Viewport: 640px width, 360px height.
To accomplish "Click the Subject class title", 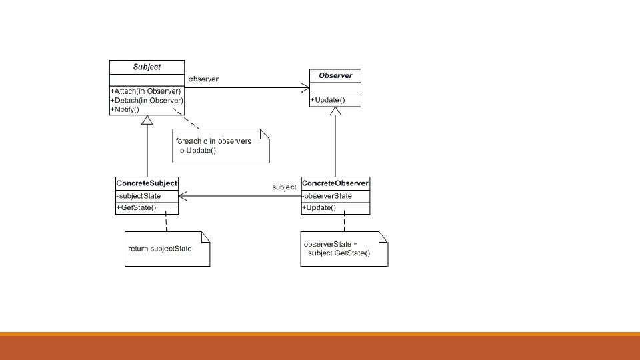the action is point(147,67).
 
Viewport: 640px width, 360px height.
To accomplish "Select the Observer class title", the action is point(335,75).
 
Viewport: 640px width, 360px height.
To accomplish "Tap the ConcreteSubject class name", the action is point(147,183).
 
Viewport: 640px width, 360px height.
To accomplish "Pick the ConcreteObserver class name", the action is point(335,183).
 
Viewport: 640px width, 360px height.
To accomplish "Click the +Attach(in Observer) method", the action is point(145,91).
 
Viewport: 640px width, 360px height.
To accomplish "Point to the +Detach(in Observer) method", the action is point(147,101).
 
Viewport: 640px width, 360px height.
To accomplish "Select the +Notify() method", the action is point(125,109).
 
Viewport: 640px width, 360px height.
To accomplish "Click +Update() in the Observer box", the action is point(327,100).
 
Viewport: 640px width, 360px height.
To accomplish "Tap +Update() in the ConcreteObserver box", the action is point(319,208).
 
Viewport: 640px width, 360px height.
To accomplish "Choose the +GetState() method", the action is point(136,208).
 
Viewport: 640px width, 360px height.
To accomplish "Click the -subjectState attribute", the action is point(139,196).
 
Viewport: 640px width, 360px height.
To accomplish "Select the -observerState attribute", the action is point(327,196).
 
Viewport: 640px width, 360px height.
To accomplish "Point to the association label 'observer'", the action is point(203,79).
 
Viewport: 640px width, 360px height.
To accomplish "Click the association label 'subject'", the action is point(284,187).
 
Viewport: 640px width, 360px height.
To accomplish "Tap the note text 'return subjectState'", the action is point(159,249).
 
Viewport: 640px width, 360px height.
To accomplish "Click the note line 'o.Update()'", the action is point(198,151).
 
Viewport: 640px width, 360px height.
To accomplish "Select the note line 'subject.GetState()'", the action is point(339,253).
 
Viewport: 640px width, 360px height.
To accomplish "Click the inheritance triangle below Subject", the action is point(147,119).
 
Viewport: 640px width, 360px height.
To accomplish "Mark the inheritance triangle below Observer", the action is point(335,111).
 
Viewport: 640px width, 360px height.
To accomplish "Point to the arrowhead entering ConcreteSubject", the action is point(183,196).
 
